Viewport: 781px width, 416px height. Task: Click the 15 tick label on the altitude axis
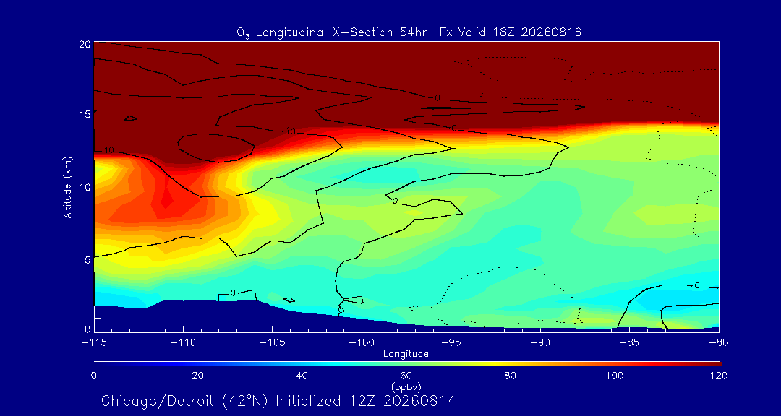(x=85, y=114)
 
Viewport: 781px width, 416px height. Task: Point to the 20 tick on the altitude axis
(x=85, y=44)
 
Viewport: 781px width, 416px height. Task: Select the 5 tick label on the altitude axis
(x=88, y=259)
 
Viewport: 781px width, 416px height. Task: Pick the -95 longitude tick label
(x=451, y=342)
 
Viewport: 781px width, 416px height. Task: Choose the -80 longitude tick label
(x=718, y=342)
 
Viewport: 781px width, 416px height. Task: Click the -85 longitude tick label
(x=629, y=342)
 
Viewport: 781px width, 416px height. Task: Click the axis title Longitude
(x=406, y=355)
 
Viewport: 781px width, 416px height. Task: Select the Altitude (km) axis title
(x=68, y=186)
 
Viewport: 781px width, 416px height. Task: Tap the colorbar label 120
(x=720, y=376)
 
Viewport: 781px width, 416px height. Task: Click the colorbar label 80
(x=511, y=376)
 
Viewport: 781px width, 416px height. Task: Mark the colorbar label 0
(x=93, y=376)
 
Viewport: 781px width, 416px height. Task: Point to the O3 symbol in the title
(x=242, y=33)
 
